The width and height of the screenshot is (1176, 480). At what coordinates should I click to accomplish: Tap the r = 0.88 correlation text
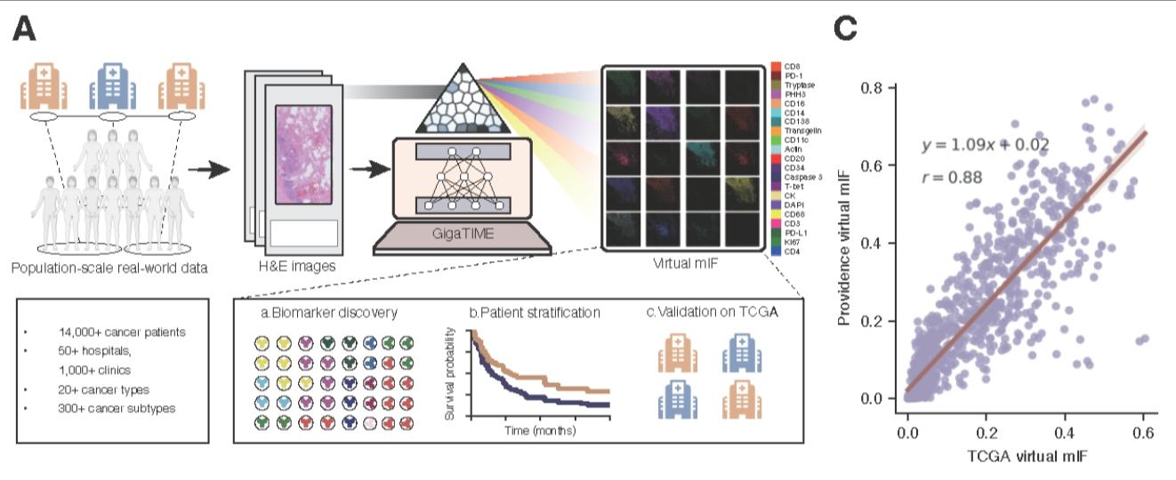point(953,177)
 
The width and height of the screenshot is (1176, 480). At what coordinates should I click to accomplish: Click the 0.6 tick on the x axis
point(1144,432)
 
